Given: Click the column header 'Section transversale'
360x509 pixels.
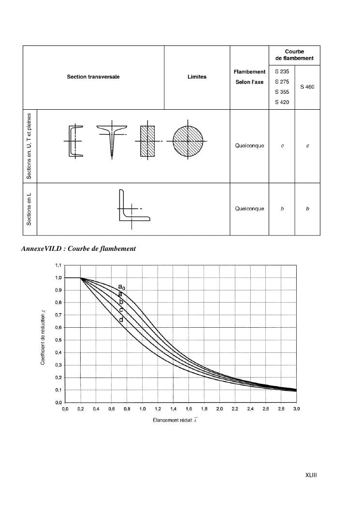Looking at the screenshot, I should point(93,77).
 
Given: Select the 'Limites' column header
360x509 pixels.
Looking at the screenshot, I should point(197,77).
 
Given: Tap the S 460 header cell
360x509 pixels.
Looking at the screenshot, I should point(307,87).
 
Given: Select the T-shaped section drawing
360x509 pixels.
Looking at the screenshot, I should point(112,140).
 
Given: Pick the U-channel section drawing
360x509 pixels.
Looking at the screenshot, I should point(75,141).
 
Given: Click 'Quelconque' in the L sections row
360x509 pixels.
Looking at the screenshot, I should point(249,209).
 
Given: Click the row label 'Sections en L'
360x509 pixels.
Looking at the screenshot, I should point(29,209).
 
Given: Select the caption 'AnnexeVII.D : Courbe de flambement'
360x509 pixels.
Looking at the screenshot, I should point(78,248).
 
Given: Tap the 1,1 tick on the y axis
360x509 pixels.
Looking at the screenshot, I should point(58,265).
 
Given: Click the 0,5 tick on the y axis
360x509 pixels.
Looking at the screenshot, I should point(58,340).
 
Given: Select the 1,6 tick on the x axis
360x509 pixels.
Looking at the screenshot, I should point(188,409).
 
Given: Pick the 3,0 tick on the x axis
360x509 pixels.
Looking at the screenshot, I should point(296,409).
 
